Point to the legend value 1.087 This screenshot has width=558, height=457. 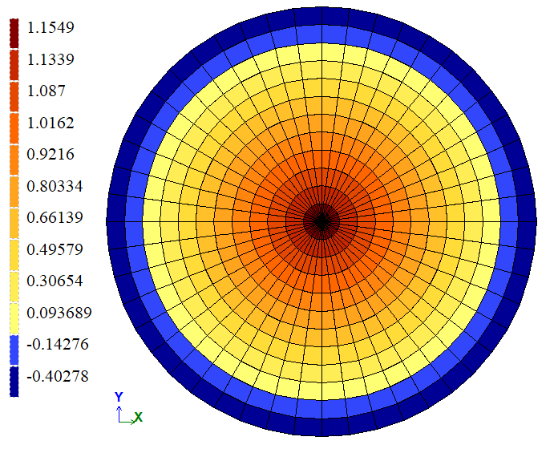[45, 91]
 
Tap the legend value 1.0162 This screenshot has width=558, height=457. [50, 123]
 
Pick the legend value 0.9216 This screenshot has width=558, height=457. [50, 154]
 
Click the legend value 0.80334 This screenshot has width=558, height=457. [54, 186]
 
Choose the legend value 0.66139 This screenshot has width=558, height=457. [54, 217]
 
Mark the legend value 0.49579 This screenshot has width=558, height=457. [54, 249]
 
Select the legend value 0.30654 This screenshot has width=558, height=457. [54, 281]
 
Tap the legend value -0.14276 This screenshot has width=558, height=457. [58, 344]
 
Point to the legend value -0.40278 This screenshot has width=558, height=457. [58, 376]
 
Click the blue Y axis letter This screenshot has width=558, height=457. [119, 397]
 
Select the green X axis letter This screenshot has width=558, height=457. [138, 417]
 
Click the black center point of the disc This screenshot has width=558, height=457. [321, 220]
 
